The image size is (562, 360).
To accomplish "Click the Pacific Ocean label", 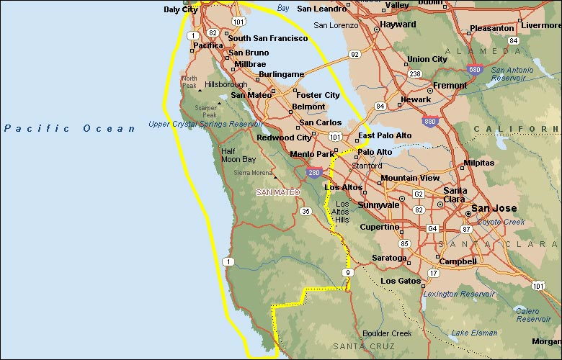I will click(x=70, y=128).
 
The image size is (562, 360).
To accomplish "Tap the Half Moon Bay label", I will click(x=238, y=156).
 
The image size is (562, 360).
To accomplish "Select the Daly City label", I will click(x=181, y=9).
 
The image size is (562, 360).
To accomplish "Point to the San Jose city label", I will click(x=494, y=209).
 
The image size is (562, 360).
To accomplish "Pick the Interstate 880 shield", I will click(x=429, y=122).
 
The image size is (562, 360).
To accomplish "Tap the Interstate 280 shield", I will click(x=313, y=173).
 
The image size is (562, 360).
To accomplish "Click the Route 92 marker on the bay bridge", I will click(x=354, y=54).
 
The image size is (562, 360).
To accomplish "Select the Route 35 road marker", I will click(x=305, y=211).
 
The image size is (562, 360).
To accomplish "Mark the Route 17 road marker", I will click(x=433, y=273).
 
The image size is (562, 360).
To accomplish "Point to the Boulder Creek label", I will click(x=387, y=333).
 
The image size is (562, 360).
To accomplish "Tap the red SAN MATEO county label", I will click(x=278, y=192).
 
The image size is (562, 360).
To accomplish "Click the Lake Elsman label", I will click(x=474, y=333).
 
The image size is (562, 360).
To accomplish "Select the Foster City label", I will click(x=318, y=95).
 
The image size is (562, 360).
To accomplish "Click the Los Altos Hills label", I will click(x=342, y=212).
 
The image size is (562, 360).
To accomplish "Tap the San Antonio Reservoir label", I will click(x=512, y=74).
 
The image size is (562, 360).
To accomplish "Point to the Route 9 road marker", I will click(x=349, y=272).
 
